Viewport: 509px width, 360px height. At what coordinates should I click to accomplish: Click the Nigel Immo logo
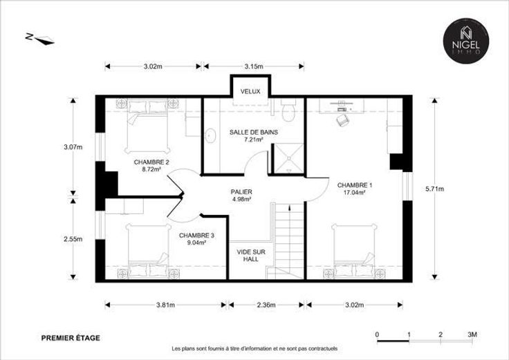(466, 39)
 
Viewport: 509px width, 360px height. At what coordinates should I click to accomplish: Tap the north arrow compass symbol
(41, 39)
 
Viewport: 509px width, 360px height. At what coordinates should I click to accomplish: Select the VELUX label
(250, 91)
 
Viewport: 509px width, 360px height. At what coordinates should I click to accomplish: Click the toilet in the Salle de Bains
(288, 110)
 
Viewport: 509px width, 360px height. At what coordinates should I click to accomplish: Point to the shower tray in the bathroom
(289, 158)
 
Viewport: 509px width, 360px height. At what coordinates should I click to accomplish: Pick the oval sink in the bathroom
(211, 136)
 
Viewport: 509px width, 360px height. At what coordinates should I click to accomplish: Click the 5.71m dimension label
(434, 189)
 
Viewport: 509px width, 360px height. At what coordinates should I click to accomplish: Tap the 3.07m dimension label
(73, 147)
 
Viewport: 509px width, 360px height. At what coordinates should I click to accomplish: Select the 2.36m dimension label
(266, 305)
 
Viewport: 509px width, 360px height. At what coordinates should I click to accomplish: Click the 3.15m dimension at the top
(254, 66)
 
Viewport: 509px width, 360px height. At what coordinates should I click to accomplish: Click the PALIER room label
(241, 192)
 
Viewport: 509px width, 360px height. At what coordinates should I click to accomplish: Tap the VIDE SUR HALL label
(250, 256)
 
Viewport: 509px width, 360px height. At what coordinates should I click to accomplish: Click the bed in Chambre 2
(147, 126)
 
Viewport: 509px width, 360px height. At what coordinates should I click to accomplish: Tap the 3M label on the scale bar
(472, 334)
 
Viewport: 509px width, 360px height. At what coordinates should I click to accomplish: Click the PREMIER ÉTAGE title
(71, 338)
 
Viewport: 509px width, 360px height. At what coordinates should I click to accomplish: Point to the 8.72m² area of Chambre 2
(151, 169)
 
